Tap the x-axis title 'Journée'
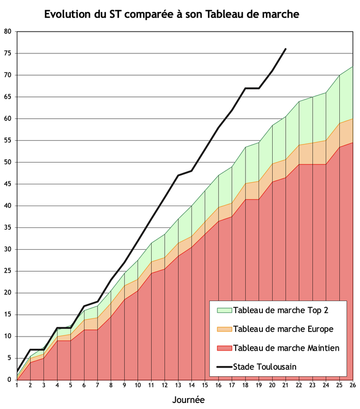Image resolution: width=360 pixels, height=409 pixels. coord(188,400)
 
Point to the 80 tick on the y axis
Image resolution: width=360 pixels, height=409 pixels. coord(8,32)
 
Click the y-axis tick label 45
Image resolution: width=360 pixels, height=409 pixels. coord(8,184)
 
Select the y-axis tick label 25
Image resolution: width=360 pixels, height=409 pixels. coord(8,271)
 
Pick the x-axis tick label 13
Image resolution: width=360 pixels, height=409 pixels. coord(178,386)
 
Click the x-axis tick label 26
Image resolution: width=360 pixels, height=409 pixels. coord(352,386)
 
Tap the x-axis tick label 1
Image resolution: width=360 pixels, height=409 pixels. coord(17,386)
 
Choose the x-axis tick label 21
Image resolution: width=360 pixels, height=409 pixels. coord(285,386)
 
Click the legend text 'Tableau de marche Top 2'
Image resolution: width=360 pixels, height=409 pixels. coord(280,310)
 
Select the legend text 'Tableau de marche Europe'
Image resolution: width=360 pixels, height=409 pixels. coord(283,329)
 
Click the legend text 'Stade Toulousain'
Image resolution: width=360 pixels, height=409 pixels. coord(265,366)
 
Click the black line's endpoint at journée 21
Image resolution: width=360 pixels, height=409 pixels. coord(285,49)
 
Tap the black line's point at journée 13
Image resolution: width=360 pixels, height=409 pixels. coord(178,175)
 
